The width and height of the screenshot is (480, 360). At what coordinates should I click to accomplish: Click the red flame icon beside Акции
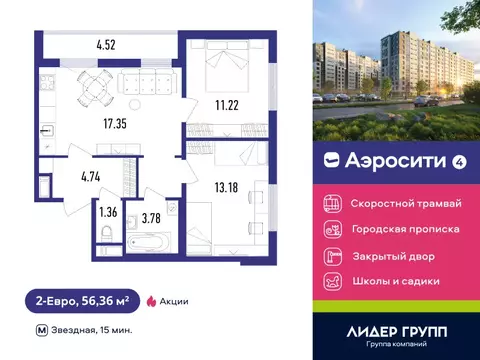152,300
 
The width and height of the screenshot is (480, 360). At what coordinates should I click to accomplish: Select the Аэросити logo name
387,158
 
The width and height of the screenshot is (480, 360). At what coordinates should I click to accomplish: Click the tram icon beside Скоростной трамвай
331,203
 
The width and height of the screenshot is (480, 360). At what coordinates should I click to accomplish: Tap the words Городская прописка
398,229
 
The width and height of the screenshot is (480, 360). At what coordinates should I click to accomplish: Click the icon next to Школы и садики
331,281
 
